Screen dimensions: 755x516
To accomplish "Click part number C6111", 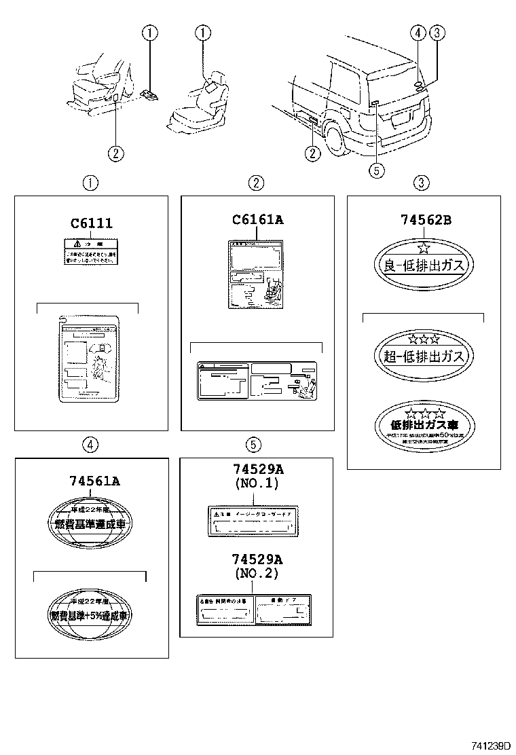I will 91,223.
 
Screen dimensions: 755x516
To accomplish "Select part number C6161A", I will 257,219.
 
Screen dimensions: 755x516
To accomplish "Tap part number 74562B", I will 423,220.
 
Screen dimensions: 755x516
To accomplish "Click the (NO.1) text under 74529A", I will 257,484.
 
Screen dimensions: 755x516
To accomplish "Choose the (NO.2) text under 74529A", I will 257,573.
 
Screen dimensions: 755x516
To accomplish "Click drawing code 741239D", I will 487,745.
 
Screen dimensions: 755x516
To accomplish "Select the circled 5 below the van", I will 377,170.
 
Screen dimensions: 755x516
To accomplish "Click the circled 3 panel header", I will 422,182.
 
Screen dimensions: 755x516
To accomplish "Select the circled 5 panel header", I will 253,445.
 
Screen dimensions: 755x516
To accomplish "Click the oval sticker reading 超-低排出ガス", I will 423,355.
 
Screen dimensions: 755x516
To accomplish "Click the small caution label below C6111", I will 90,250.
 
